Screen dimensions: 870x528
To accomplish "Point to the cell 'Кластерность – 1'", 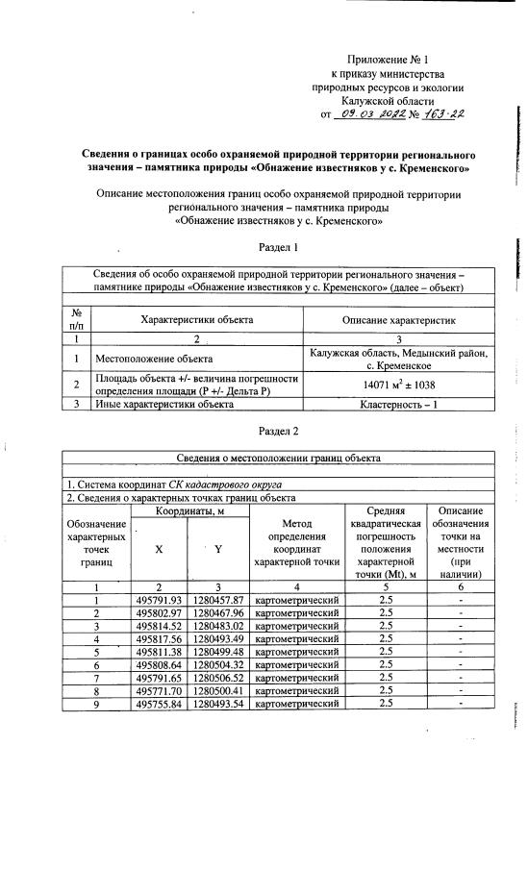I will point(397,405).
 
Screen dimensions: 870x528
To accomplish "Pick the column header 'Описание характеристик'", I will point(397,319).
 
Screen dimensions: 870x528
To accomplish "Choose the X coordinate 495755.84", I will point(159,703).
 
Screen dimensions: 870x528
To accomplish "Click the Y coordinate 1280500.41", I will point(218,689).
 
